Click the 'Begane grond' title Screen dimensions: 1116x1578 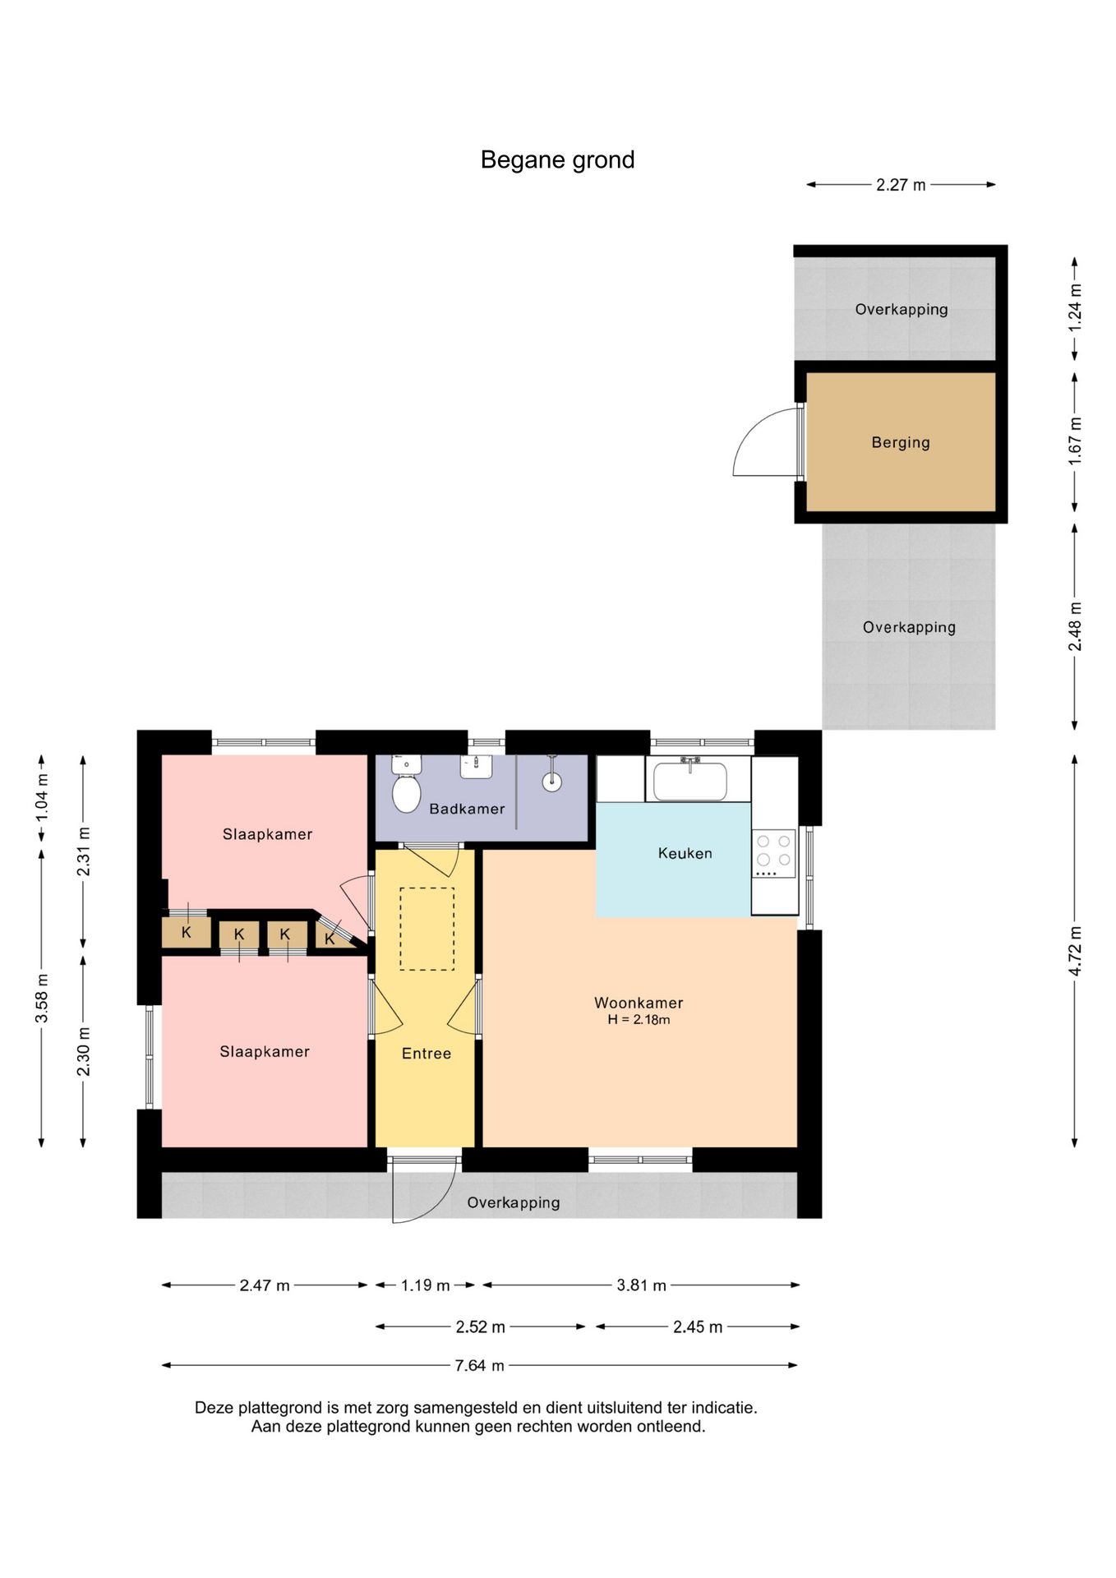[557, 159]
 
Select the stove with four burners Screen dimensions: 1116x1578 [773, 854]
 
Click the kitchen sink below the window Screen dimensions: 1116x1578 [690, 779]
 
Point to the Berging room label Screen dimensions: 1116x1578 [901, 442]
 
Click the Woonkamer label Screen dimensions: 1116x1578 [639, 1003]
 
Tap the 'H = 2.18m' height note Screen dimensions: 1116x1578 [639, 1020]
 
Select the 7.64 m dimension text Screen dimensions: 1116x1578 [479, 1365]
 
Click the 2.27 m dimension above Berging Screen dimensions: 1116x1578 [901, 185]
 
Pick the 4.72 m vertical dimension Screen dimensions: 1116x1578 [1075, 951]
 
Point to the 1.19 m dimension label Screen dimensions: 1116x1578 [425, 1285]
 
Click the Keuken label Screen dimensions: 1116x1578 [685, 853]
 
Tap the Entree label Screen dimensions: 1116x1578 [426, 1054]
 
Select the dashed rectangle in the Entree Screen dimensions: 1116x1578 [427, 929]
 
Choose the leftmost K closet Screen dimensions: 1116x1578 [186, 933]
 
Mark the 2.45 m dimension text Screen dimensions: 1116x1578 [697, 1327]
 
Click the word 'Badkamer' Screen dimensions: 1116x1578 [467, 809]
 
